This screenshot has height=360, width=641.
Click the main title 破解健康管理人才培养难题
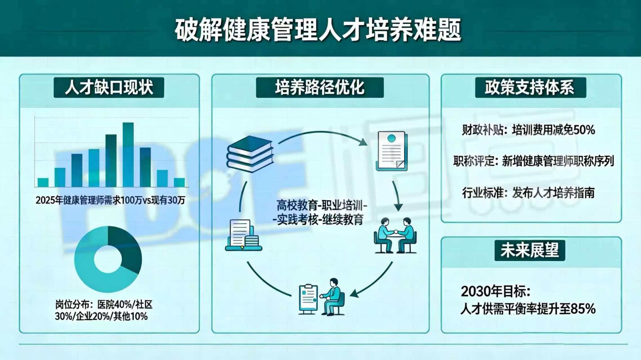pyautogui.click(x=318, y=30)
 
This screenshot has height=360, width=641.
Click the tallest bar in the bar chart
pyautogui.click(x=128, y=154)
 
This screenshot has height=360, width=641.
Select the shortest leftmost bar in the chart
pyautogui.click(x=43, y=182)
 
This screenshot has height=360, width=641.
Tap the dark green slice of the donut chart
pyautogui.click(x=126, y=248)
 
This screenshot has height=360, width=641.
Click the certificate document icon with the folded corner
pyautogui.click(x=391, y=151)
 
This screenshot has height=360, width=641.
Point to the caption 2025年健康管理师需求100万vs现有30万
pyautogui.click(x=110, y=200)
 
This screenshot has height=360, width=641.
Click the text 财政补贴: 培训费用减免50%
pyautogui.click(x=528, y=130)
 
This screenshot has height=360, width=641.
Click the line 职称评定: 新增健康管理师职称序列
pyautogui.click(x=533, y=161)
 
